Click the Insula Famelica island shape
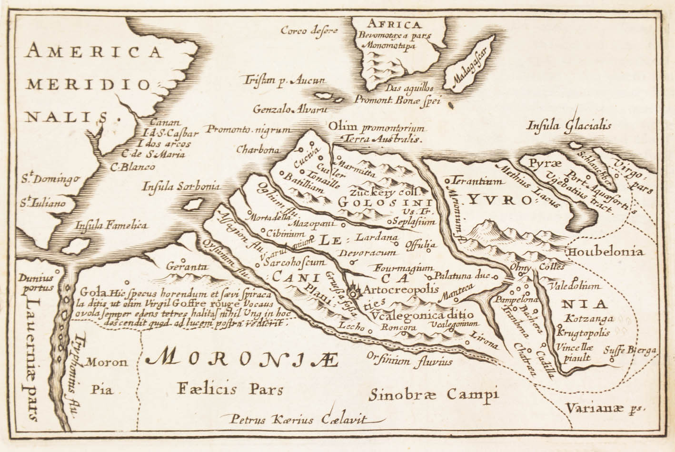click(75, 246)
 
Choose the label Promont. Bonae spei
click(399, 99)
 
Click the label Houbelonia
click(605, 252)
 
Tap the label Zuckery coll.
click(384, 193)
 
